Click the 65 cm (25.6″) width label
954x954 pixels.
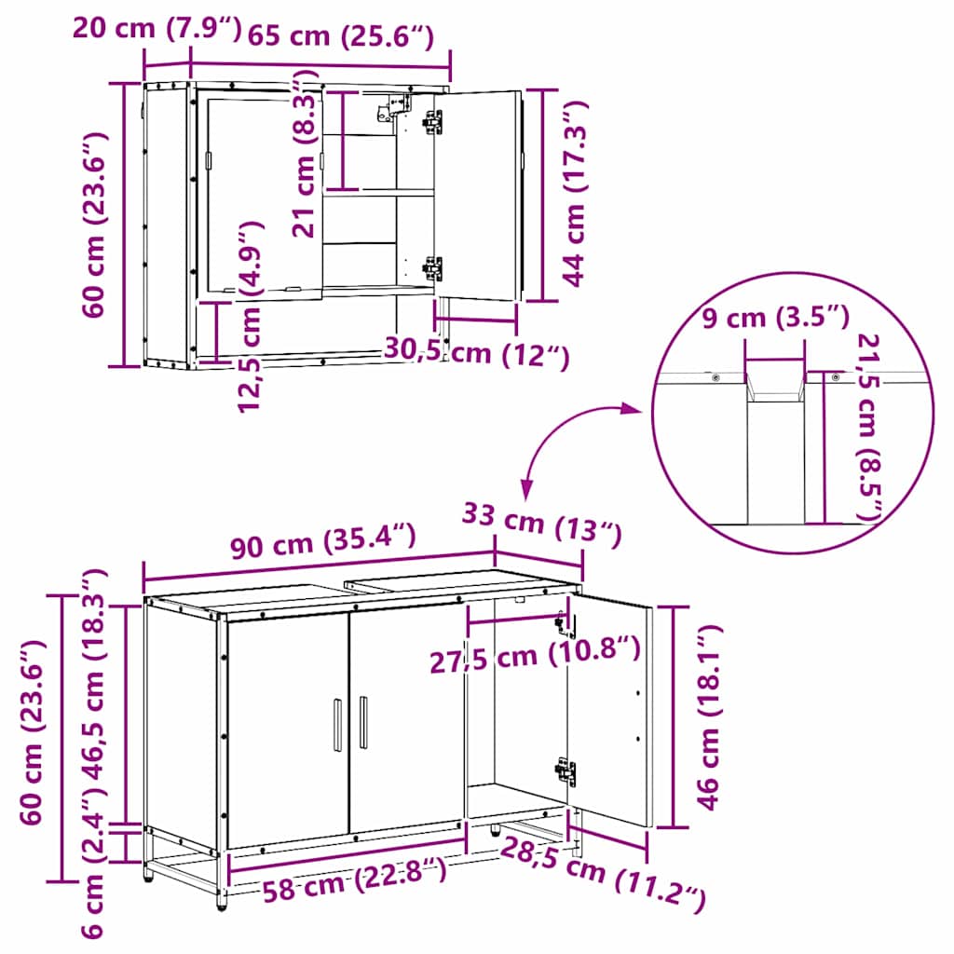point(341,36)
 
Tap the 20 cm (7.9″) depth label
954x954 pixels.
point(157,27)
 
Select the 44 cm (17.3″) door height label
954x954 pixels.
point(573,194)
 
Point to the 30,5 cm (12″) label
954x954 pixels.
point(476,353)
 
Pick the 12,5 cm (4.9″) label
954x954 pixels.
point(250,317)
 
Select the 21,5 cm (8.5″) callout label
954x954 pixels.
point(868,427)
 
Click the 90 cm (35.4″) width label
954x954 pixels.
point(323,540)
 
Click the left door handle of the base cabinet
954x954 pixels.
point(337,725)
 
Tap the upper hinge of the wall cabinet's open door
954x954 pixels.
point(433,122)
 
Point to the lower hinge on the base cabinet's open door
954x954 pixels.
point(566,770)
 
